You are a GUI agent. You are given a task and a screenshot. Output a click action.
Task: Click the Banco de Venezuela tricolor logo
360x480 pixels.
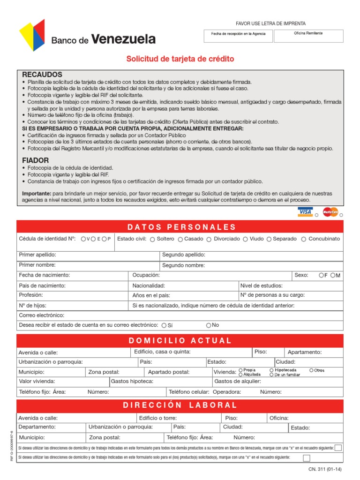[32, 35]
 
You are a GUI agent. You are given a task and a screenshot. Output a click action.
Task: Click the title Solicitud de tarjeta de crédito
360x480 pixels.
[180, 59]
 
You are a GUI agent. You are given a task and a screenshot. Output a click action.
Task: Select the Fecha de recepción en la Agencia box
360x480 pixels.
[238, 36]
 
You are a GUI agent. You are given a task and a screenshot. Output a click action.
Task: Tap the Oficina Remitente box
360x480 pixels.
[308, 36]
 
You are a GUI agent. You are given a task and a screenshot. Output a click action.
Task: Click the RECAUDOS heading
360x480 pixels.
[42, 75]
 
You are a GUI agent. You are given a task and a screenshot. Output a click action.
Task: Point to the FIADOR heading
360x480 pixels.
[35, 160]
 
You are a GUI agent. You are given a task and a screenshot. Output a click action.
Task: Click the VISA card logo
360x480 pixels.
[305, 212]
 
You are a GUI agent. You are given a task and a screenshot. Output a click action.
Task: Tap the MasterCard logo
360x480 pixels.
[330, 212]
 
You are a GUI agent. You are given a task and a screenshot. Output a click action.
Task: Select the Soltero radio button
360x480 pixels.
[153, 239]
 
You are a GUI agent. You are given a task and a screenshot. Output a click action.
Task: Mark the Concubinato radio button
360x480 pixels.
[304, 239]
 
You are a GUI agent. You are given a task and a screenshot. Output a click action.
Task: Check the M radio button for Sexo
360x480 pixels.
[332, 275]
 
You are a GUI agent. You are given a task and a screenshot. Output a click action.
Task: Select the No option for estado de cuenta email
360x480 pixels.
[209, 325]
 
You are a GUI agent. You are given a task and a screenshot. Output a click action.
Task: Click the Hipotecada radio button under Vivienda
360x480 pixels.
[271, 370]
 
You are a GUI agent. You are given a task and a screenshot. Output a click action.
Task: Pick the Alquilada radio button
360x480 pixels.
[241, 375]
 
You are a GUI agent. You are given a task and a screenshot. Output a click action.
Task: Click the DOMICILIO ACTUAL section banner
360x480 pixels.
[180, 340]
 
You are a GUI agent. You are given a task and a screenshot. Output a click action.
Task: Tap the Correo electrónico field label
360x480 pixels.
[41, 315]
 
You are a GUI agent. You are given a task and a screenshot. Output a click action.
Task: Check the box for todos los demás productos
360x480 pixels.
[338, 448]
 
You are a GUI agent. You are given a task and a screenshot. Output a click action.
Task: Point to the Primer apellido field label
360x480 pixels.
[37, 255]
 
